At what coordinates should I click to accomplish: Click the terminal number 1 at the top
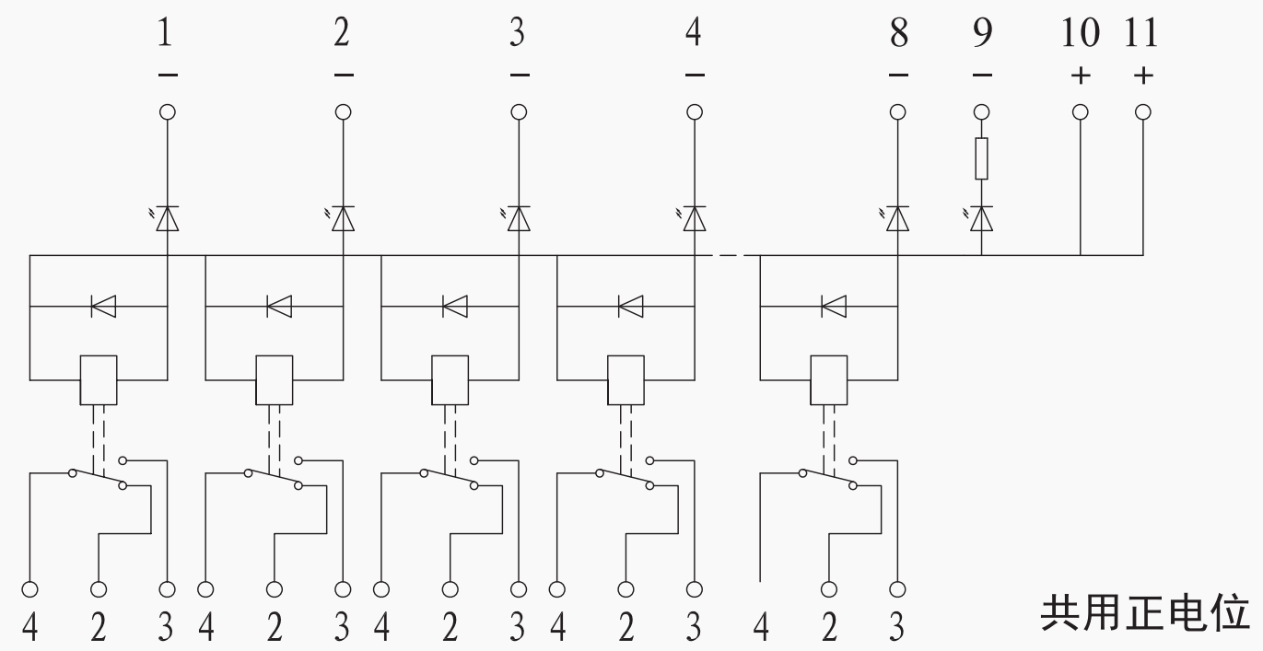166,35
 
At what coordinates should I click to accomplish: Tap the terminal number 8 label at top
898,35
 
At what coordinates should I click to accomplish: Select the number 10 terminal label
1080,35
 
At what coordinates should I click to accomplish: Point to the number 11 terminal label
1142,35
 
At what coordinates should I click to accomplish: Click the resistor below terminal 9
982,158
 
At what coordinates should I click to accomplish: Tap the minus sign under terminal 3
519,76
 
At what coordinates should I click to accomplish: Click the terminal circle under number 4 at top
695,112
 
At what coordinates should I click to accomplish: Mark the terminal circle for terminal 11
1143,112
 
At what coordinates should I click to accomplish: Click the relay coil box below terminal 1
98,379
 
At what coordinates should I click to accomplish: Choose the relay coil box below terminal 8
828,379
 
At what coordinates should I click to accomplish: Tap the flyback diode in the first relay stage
102,306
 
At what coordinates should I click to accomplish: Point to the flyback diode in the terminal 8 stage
833,306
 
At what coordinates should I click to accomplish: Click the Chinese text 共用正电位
1145,612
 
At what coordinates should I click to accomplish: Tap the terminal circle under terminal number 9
982,112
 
